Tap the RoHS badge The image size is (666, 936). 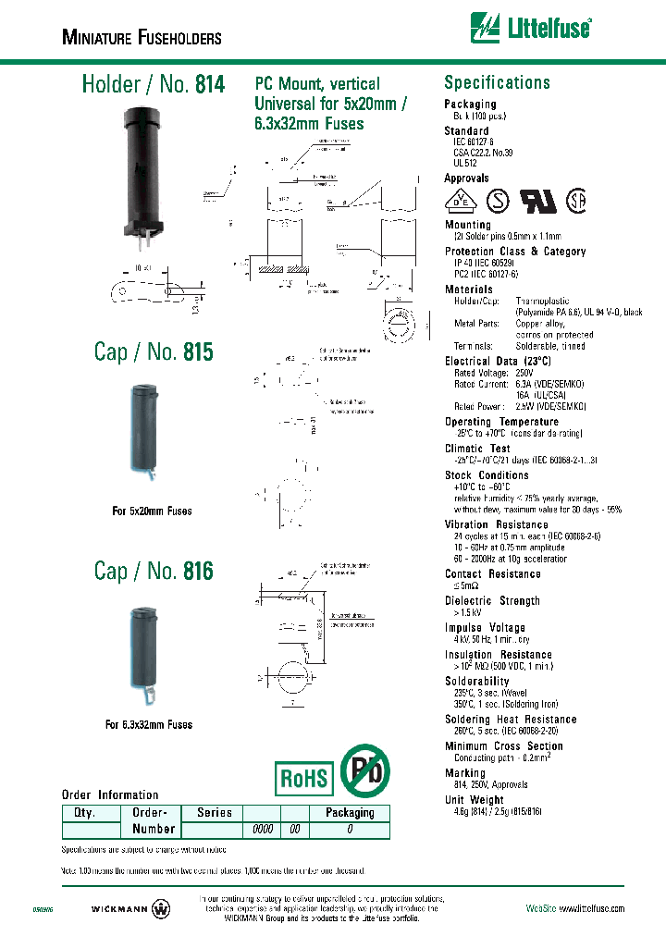[304, 778]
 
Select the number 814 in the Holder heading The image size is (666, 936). [210, 85]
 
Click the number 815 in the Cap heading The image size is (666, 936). [198, 352]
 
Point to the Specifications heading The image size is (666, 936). [497, 82]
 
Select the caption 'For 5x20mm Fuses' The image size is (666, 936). [152, 511]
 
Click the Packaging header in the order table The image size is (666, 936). [350, 813]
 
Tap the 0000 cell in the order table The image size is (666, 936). [263, 830]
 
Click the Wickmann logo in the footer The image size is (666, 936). [132, 908]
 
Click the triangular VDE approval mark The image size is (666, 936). [458, 202]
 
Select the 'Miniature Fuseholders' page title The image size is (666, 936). [142, 38]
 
